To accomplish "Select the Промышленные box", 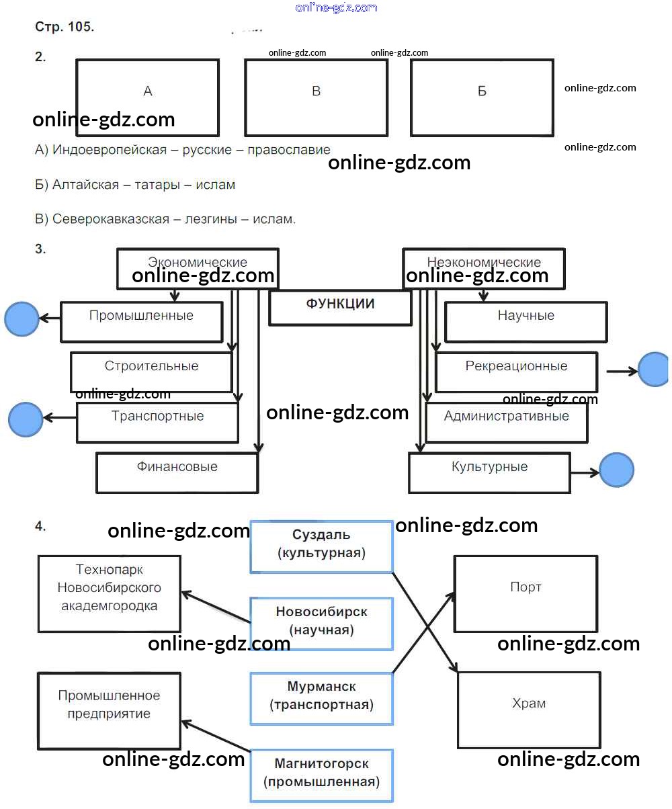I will point(141,321).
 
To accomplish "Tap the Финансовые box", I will point(177,472).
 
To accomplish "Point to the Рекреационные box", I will point(516,372).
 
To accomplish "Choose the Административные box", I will point(506,422).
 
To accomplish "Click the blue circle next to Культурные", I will point(616,470).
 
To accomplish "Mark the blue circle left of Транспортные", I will point(26,419).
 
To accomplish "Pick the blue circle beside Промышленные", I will point(22,318).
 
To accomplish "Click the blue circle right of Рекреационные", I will point(653,370).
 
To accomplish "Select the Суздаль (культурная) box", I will point(321,546).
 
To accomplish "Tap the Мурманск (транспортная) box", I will point(321,698).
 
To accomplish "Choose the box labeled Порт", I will point(526,593).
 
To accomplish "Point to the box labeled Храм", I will point(529,710).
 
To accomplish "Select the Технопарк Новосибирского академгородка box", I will point(109,593).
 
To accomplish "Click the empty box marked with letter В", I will point(316,97).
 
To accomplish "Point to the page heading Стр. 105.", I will point(65,28).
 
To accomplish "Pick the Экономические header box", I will point(198,269).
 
